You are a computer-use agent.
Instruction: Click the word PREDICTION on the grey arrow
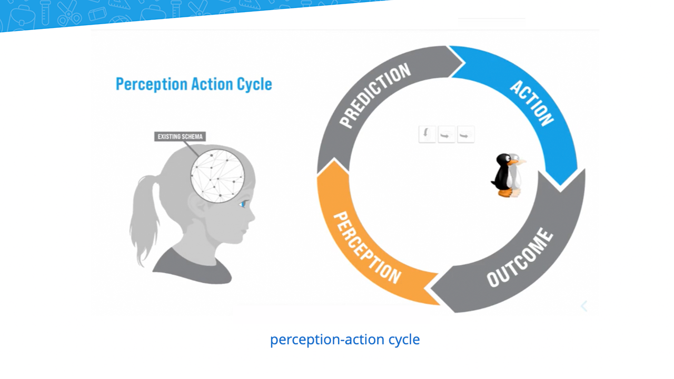pos(375,96)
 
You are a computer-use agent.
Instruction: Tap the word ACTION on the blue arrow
pos(532,103)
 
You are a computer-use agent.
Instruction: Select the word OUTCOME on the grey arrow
pos(520,258)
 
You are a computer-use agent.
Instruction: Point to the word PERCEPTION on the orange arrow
pos(368,247)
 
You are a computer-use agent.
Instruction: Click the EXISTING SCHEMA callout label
pos(180,136)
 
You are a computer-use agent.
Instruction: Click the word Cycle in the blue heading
pos(254,84)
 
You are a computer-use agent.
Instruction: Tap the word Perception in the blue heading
pos(152,84)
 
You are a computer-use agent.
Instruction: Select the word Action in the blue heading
pos(212,84)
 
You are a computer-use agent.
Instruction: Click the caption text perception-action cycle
pos(345,340)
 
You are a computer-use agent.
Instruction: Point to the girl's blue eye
pos(243,204)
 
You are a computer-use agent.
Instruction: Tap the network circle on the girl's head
pos(217,176)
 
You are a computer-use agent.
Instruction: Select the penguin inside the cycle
pos(508,175)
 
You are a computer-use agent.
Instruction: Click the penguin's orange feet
pos(509,193)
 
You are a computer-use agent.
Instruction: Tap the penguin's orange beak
pos(517,162)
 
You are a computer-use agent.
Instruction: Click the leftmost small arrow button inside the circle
pos(427,134)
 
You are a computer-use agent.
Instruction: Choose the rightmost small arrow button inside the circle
pos(466,134)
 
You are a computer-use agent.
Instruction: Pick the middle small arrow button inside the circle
pos(447,134)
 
